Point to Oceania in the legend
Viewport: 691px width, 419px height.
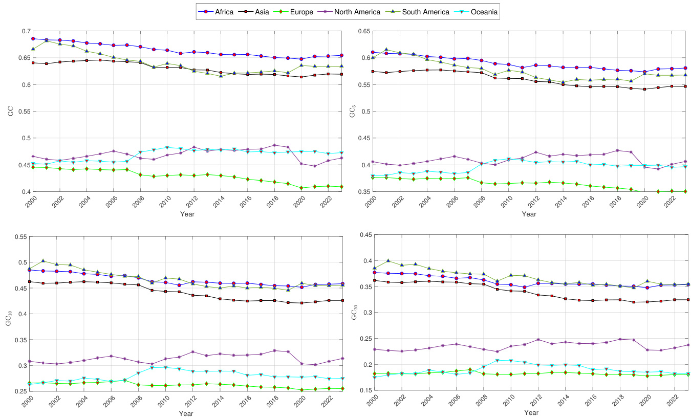484,11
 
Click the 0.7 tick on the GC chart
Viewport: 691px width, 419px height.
25,31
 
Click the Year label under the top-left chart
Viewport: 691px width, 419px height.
187,214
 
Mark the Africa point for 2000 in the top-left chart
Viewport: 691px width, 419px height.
33,38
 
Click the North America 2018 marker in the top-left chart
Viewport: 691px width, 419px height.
274,145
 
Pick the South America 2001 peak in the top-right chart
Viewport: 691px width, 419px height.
386,50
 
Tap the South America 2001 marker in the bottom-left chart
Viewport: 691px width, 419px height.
43,261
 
